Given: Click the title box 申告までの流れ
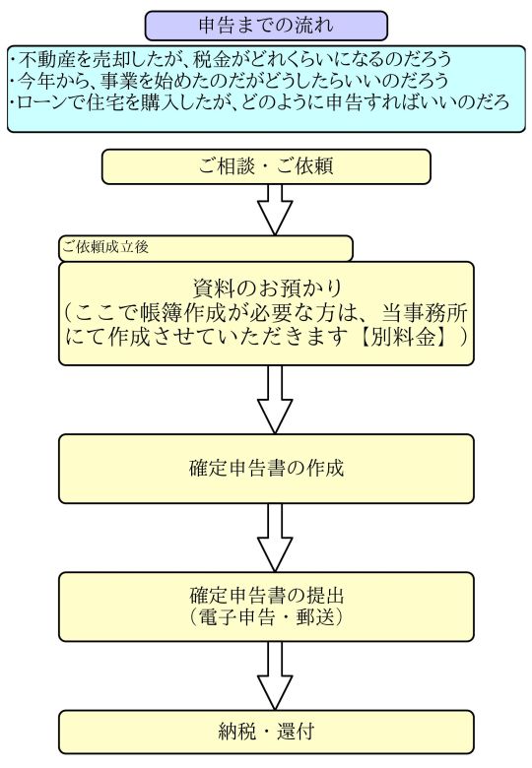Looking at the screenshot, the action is click(x=266, y=26).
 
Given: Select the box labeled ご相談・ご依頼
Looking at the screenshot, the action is click(x=266, y=166).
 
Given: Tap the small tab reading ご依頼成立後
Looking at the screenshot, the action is click(x=206, y=248).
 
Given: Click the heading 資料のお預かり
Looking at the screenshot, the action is click(x=267, y=288).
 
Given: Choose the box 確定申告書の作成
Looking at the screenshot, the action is click(x=266, y=469).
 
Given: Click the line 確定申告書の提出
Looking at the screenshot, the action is click(x=267, y=595).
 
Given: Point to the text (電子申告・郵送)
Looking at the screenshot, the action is click(x=267, y=616).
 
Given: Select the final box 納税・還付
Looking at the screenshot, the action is click(x=266, y=733).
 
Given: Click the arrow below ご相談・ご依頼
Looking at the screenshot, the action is click(x=275, y=210).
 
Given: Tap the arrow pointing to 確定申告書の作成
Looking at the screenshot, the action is click(x=275, y=400).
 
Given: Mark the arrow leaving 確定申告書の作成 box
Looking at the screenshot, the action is click(x=275, y=538).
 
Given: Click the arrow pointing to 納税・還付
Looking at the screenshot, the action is click(x=275, y=675).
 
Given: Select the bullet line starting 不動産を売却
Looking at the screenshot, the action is click(x=231, y=59).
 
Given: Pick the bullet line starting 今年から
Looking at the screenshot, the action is click(x=230, y=81).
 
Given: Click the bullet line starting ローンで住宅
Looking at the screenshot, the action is click(x=260, y=101).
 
